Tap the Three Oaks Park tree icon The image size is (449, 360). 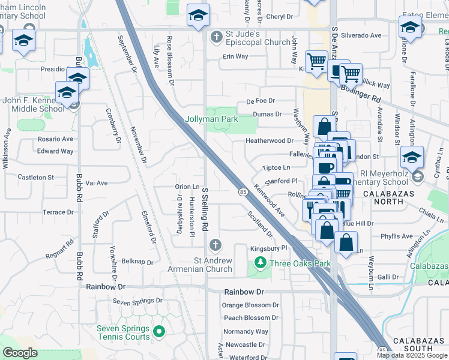[x=260, y=263]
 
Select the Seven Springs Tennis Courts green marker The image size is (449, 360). [x=159, y=331]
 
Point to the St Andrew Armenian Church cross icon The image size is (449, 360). [x=214, y=245]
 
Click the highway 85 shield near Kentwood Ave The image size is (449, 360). [x=243, y=191]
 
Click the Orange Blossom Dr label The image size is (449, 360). [x=250, y=305]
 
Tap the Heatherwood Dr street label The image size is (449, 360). [x=270, y=141]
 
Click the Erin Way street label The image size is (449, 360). [x=235, y=56]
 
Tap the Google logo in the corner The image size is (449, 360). [x=20, y=353]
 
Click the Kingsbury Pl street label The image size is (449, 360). [x=268, y=247]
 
